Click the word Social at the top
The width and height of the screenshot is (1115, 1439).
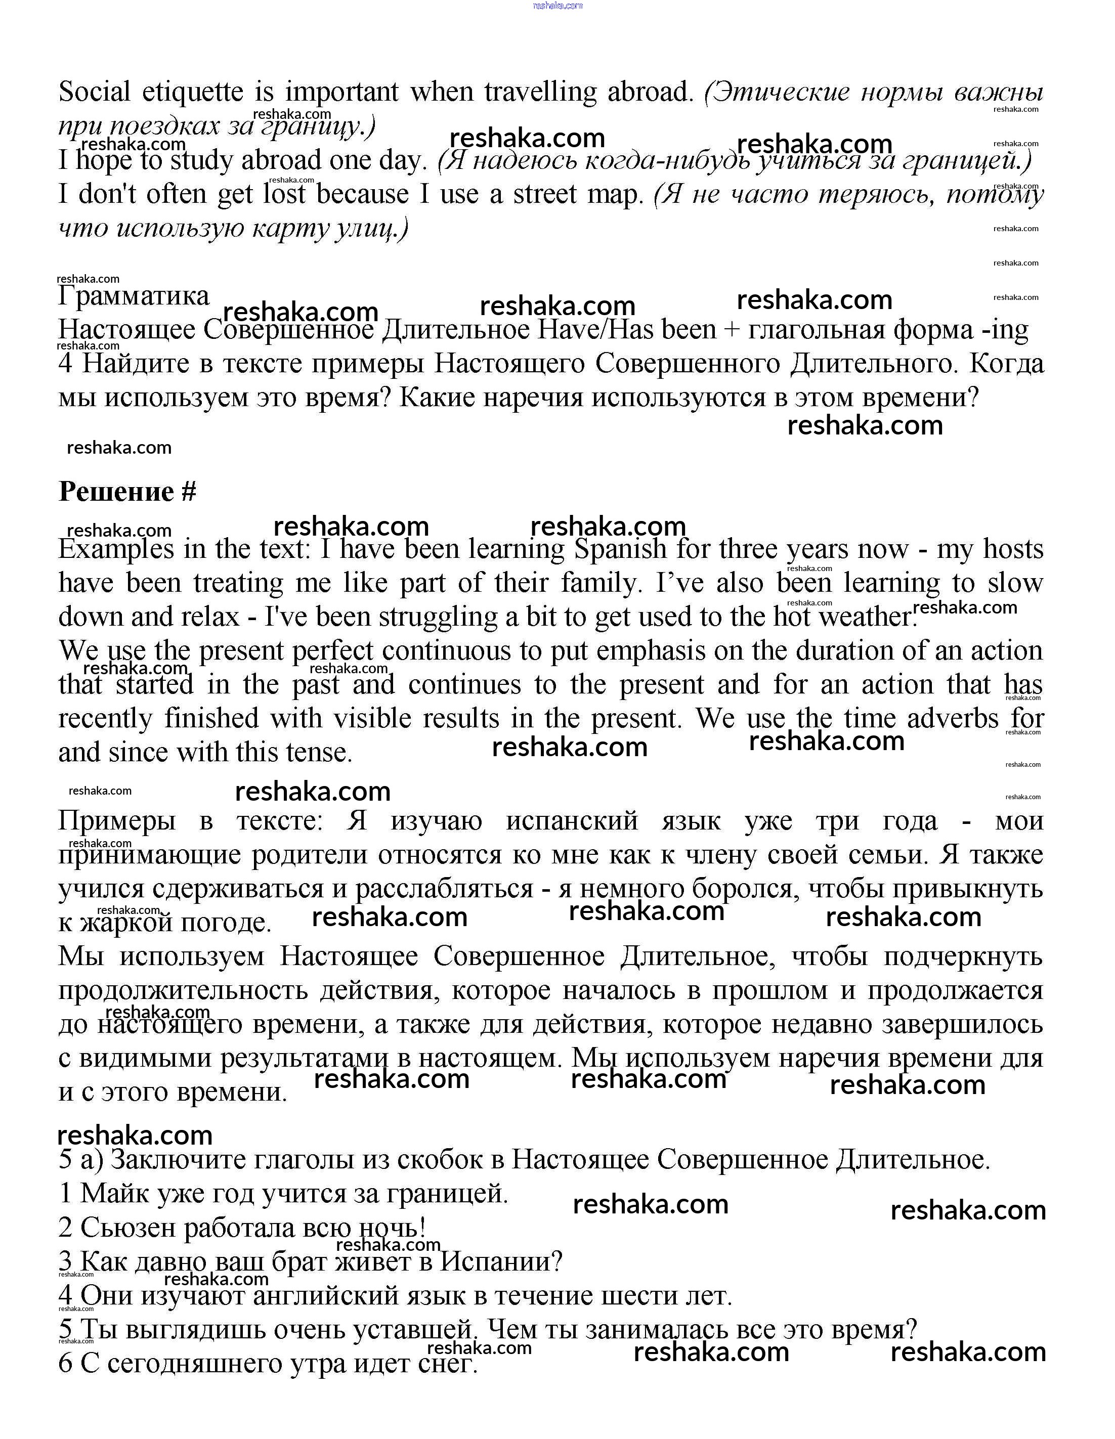[95, 92]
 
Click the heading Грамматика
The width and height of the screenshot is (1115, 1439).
[134, 296]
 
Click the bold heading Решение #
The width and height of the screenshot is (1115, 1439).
[127, 492]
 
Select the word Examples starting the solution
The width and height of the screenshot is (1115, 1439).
[117, 549]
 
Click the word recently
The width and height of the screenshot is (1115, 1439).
[105, 718]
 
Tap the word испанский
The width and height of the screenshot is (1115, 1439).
[572, 821]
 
